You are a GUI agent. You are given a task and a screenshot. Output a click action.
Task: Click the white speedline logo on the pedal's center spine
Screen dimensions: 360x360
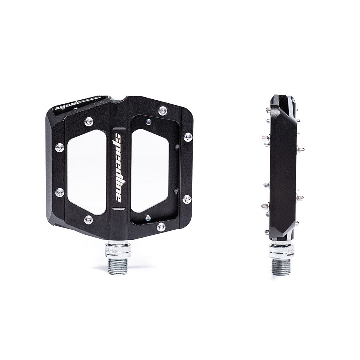118,167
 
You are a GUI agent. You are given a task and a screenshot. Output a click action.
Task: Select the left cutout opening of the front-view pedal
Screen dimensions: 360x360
87,171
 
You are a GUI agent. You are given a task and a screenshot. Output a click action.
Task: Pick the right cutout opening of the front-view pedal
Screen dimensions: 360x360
150,170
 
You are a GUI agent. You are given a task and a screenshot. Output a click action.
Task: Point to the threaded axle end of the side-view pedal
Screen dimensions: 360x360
282,266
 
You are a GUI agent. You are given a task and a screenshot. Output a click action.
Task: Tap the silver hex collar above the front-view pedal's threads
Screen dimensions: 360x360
118,248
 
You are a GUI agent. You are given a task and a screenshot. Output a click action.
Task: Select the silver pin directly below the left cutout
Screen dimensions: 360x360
88,219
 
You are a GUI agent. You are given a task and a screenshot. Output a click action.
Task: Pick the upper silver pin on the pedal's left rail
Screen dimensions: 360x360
59,147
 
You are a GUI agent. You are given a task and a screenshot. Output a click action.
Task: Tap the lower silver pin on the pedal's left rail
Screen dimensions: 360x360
60,192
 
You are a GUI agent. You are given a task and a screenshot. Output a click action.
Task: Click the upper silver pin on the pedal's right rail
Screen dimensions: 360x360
188,137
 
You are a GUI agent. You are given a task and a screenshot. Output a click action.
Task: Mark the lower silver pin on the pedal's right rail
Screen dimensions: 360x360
187,199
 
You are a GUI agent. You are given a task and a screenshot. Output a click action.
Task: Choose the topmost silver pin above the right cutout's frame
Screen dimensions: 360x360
163,111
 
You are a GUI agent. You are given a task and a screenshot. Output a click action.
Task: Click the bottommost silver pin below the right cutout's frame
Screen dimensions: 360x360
161,227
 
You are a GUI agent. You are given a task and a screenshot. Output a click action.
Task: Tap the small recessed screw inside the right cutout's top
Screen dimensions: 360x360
148,122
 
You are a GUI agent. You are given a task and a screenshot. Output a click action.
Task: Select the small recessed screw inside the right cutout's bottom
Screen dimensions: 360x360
148,218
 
